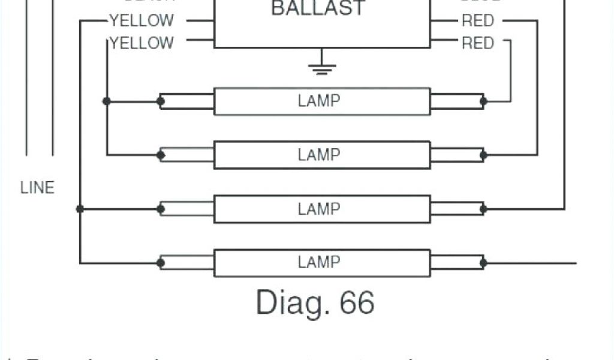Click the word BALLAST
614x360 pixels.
pyautogui.click(x=318, y=8)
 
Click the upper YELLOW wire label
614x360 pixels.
pyautogui.click(x=142, y=21)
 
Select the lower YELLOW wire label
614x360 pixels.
pyautogui.click(x=142, y=43)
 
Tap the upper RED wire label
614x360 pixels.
pyautogui.click(x=477, y=21)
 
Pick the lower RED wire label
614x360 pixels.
pyautogui.click(x=477, y=43)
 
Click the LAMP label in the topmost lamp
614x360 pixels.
pyautogui.click(x=319, y=101)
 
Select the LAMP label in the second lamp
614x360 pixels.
pyautogui.click(x=319, y=155)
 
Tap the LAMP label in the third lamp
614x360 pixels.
pyautogui.click(x=319, y=209)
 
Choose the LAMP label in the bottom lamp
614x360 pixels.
pyautogui.click(x=319, y=262)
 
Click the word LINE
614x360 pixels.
pyautogui.click(x=37, y=188)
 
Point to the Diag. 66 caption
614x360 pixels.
pyautogui.click(x=315, y=302)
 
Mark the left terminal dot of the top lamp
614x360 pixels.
pyautogui.click(x=161, y=101)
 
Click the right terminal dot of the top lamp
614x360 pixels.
pyautogui.click(x=483, y=101)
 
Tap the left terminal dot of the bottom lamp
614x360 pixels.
pyautogui.click(x=161, y=263)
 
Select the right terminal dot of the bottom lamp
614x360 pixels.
pyautogui.click(x=483, y=263)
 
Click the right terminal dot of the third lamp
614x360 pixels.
pyautogui.click(x=483, y=209)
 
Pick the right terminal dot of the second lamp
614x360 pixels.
pyautogui.click(x=483, y=155)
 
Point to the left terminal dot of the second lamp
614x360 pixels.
pyautogui.click(x=161, y=155)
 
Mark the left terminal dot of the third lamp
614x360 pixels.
pyautogui.click(x=161, y=209)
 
